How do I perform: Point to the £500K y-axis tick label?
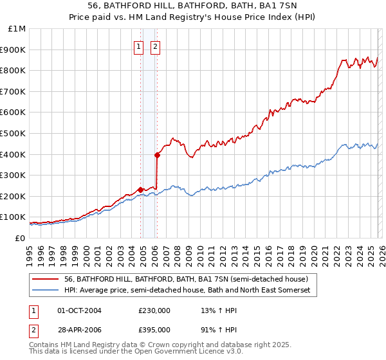[15, 133]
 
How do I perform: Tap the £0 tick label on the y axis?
[21, 238]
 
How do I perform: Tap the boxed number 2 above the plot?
[156, 46]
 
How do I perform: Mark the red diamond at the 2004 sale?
[140, 190]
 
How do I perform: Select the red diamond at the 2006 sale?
[157, 155]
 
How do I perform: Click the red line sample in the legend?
[45, 279]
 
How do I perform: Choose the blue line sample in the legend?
[45, 291]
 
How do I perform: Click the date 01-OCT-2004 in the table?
[79, 310]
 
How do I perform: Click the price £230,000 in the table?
[154, 310]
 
